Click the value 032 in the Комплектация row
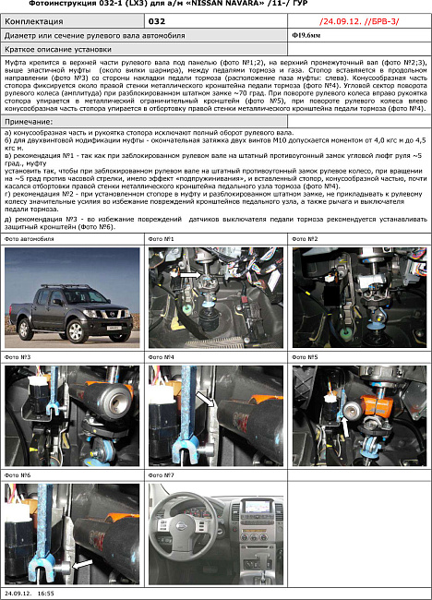pos(157,18)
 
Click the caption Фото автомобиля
pos(30,239)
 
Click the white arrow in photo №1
pos(191,275)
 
